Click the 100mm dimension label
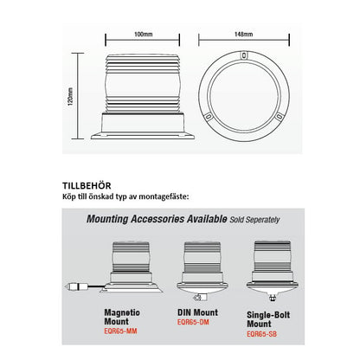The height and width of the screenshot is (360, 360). click(x=143, y=35)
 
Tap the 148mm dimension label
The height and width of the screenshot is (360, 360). click(x=244, y=35)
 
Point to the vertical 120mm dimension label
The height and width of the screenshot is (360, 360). click(x=70, y=97)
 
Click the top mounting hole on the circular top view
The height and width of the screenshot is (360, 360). click(x=244, y=55)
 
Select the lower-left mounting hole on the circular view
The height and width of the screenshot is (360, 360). click(x=208, y=117)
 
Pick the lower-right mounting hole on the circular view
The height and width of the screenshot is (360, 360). click(x=279, y=117)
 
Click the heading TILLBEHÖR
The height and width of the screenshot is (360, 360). click(x=87, y=185)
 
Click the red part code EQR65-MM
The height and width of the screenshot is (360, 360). click(x=120, y=331)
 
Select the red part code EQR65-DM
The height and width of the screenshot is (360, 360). click(x=193, y=322)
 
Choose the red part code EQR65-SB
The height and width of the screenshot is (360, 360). click(x=261, y=334)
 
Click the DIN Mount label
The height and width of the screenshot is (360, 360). click(x=197, y=312)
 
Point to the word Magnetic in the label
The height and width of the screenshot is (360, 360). click(x=122, y=312)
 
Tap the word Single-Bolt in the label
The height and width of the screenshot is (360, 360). click(x=268, y=315)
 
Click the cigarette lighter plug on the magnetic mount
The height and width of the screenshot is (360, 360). click(x=75, y=287)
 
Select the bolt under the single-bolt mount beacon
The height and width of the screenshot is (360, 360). click(x=272, y=297)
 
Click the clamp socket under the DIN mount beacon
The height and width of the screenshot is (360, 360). click(x=198, y=297)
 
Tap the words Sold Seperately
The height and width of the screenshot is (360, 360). click(x=254, y=220)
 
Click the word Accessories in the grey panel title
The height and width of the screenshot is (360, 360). click(x=157, y=219)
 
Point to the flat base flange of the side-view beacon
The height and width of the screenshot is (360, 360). click(x=143, y=136)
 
